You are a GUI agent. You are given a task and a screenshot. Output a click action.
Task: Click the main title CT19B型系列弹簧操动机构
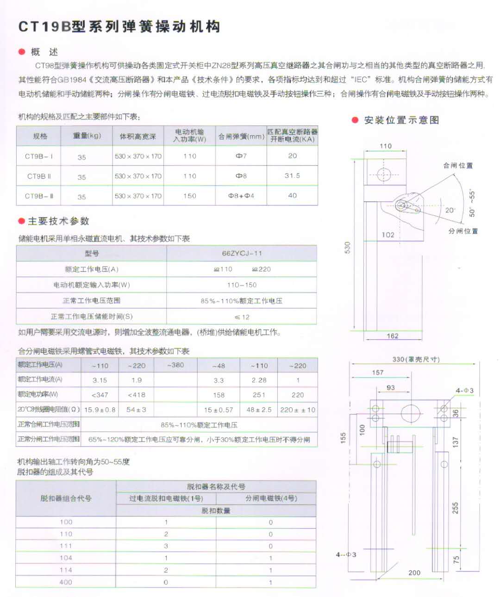pyautogui.click(x=119, y=26)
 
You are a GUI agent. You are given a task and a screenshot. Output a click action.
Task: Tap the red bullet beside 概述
pyautogui.click(x=22, y=52)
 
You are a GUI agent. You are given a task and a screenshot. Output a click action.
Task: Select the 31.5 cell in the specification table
pyautogui.click(x=292, y=176)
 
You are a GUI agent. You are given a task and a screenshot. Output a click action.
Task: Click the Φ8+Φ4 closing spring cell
pyautogui.click(x=241, y=196)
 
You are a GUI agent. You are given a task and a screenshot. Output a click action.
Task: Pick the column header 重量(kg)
pyautogui.click(x=87, y=136)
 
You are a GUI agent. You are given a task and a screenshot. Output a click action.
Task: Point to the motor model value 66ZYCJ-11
pyautogui.click(x=242, y=253)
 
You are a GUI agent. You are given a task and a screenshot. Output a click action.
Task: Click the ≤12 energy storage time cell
pyautogui.click(x=242, y=317)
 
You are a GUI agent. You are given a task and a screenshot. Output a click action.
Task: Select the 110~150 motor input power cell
pyautogui.click(x=242, y=285)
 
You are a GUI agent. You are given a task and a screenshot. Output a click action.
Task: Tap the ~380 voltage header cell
pyautogui.click(x=175, y=365)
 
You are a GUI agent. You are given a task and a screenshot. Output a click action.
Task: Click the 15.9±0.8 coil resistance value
pyautogui.click(x=100, y=410)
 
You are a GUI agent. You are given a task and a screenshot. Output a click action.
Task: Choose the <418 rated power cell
pyautogui.click(x=137, y=395)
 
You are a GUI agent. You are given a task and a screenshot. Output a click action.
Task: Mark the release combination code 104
pyautogui.click(x=66, y=558)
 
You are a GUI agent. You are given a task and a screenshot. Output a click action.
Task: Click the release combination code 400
pyautogui.click(x=66, y=582)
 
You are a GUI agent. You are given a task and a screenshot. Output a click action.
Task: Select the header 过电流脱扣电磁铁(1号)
pyautogui.click(x=166, y=498)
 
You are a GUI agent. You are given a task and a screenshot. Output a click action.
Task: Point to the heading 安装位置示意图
pyautogui.click(x=401, y=120)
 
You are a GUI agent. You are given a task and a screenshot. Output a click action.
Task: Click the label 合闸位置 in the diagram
pyautogui.click(x=458, y=165)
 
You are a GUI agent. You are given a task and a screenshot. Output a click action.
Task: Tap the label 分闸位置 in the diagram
pyautogui.click(x=462, y=231)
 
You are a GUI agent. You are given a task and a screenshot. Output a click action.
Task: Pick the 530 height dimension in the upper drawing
pyautogui.click(x=348, y=248)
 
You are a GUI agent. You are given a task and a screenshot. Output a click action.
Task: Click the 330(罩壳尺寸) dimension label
pyautogui.click(x=416, y=359)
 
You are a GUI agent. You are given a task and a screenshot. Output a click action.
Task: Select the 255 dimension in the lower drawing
pyautogui.click(x=456, y=508)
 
